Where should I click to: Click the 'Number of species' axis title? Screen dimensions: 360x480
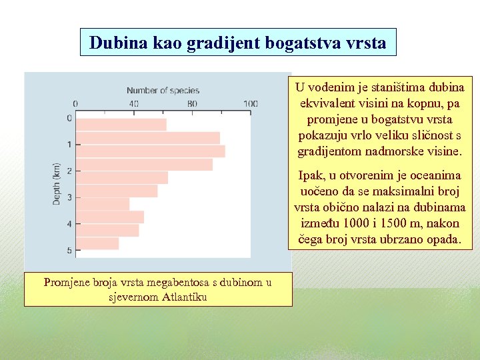(163, 91)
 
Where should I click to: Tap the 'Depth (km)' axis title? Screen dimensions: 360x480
(57, 183)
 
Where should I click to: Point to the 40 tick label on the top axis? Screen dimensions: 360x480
(134, 104)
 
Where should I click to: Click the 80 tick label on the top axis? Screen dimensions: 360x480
(193, 104)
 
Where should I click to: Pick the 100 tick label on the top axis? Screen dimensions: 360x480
(251, 104)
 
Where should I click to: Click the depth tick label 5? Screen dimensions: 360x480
(69, 251)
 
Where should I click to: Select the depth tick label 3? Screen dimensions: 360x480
(69, 197)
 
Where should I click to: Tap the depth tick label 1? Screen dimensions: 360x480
(69, 145)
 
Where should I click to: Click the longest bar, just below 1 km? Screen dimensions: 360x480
(151, 151)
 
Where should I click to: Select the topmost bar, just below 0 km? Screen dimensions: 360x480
(121, 125)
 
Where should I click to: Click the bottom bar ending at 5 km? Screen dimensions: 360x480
(97, 243)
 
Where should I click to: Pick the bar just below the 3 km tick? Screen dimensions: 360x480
(103, 204)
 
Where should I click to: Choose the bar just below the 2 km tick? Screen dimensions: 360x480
(122, 177)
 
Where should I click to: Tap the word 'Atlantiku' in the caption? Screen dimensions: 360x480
(185, 297)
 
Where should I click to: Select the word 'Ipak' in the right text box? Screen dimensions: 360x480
(310, 176)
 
